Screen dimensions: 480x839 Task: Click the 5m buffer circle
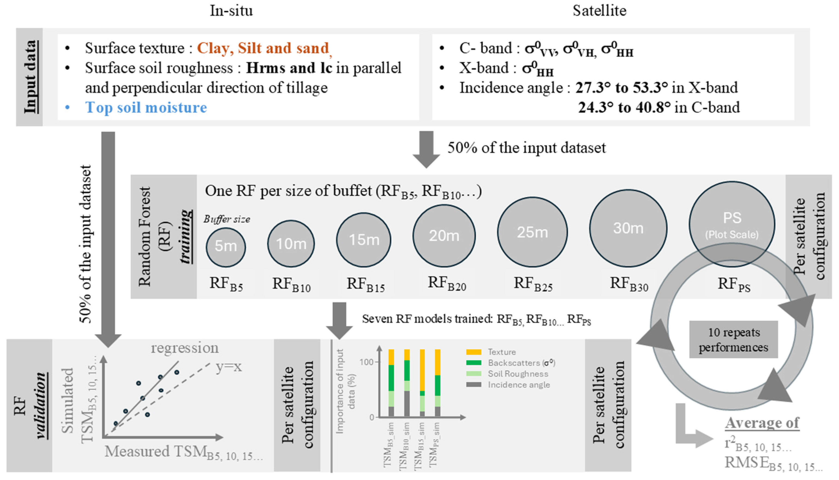click(226, 247)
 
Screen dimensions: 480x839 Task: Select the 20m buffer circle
click(444, 235)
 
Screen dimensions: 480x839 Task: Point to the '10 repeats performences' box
click(734, 340)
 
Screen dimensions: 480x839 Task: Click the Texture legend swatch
click(474, 352)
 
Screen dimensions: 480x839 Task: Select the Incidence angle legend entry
click(518, 385)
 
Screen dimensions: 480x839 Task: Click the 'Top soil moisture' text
click(146, 107)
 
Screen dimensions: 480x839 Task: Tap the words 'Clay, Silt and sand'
click(263, 48)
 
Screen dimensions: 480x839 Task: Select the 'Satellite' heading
click(599, 11)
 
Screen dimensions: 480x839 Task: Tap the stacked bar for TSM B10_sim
click(407, 382)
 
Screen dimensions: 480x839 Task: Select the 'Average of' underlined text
click(762, 423)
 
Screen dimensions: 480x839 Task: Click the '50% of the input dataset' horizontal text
click(526, 148)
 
